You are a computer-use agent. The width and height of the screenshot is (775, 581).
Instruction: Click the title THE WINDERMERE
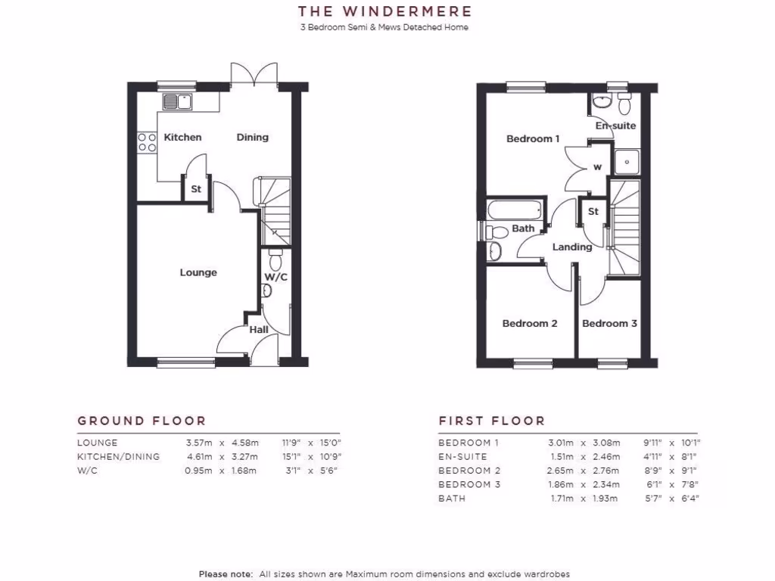(384, 11)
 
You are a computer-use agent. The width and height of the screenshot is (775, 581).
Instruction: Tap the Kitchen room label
(183, 137)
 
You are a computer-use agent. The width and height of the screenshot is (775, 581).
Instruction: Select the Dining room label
(252, 137)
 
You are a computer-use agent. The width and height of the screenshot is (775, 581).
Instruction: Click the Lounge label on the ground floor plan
(198, 272)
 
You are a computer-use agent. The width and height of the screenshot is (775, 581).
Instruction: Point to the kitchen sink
(177, 101)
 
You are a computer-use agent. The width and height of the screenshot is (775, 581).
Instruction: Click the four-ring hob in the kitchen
(146, 143)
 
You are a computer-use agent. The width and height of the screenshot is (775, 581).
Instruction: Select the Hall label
(259, 330)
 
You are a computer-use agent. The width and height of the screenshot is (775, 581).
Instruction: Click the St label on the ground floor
(196, 189)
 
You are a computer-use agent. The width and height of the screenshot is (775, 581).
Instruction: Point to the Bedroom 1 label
(533, 138)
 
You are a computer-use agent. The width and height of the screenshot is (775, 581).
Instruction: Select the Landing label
(572, 247)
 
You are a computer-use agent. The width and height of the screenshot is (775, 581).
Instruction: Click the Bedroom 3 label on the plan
(609, 323)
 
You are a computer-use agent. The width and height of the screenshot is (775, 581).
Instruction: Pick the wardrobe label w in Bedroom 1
(597, 167)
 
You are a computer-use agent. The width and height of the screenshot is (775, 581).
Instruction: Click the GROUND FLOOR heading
(142, 421)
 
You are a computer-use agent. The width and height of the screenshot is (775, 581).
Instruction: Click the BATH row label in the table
(452, 499)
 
